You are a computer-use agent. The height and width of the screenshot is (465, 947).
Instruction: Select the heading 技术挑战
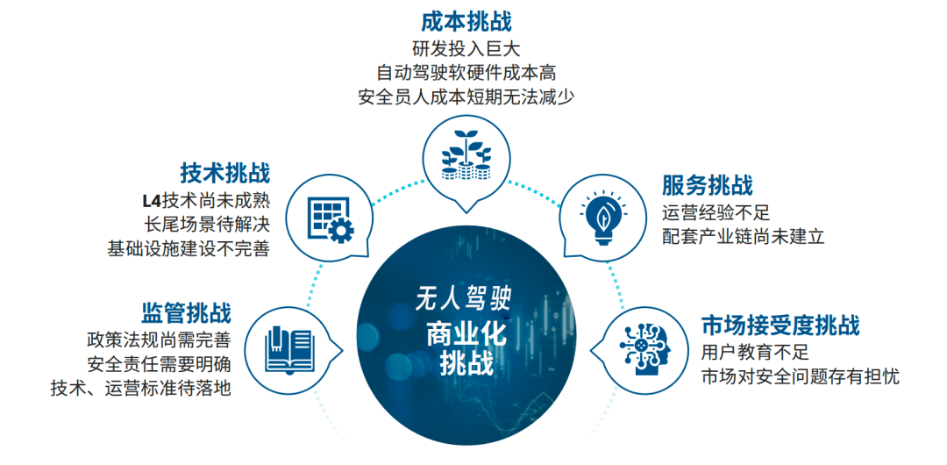224,173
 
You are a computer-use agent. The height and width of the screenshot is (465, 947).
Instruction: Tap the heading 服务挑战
708,186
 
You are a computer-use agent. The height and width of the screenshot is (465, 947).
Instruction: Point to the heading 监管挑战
186,312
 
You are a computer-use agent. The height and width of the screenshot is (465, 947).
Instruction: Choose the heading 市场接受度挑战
780,325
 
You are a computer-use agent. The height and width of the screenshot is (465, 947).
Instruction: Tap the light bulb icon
603,218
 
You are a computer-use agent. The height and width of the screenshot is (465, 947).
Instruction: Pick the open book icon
290,349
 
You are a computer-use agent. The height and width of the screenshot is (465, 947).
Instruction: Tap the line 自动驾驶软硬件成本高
466,73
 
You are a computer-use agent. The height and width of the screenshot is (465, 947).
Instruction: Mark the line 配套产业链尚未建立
743,236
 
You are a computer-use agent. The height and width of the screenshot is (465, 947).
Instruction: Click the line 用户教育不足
754,352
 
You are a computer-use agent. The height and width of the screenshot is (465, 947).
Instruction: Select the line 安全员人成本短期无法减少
466,97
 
